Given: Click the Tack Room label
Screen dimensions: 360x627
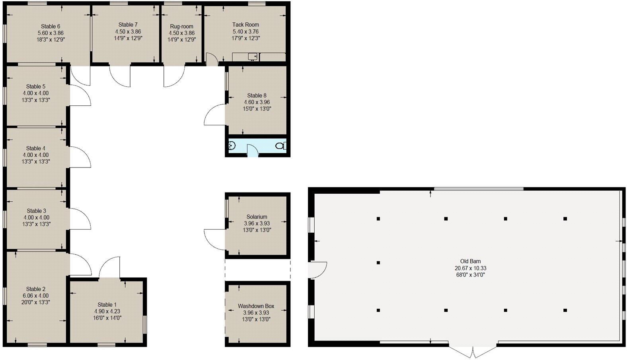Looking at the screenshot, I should click(245, 25).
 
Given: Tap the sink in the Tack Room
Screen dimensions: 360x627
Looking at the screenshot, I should click(253, 57).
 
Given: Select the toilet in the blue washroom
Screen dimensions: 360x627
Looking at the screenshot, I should click(281, 146).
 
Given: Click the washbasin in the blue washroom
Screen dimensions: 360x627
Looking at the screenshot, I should click(232, 146).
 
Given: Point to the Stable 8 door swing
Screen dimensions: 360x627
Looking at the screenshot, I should click(215, 115).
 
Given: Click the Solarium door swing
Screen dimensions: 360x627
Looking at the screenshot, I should click(215, 239).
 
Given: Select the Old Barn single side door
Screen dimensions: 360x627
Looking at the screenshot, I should click(317, 270).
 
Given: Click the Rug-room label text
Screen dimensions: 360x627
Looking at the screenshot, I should click(181, 26).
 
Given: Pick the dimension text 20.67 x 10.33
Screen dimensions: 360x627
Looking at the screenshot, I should click(470, 268).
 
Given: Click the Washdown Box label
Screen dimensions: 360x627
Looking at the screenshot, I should click(256, 306).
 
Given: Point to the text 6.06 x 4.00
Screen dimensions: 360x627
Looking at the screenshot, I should click(35, 296).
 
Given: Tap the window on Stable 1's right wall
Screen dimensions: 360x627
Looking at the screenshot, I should click(145, 324).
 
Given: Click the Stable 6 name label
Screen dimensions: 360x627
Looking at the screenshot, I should click(51, 27).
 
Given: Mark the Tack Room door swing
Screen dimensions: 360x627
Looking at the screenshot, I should click(212, 60).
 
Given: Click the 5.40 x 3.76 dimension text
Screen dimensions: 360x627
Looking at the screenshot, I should click(245, 31).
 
